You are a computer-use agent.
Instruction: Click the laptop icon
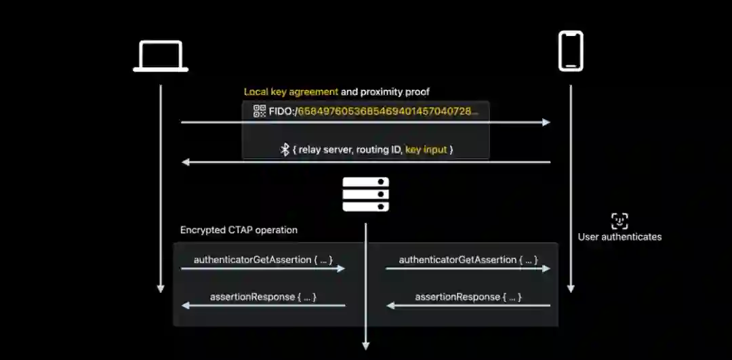pos(161,56)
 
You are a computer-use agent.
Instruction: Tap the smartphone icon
pos(570,51)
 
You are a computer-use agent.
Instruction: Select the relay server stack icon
pos(365,195)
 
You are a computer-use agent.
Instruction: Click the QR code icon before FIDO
pos(260,111)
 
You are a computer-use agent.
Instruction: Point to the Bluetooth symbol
pos(285,149)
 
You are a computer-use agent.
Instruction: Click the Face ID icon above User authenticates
pos(619,220)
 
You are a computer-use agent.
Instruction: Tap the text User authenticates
pos(619,237)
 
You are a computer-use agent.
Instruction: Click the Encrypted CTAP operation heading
pos(239,230)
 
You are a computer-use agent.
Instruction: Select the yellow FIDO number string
pos(388,111)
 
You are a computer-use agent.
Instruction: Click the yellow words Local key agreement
pos(291,92)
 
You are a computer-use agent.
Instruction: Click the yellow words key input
pos(426,149)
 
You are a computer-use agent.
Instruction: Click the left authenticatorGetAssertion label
pos(263,260)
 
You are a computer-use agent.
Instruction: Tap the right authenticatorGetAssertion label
pos(468,260)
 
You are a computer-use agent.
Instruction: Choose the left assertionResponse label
pos(264,297)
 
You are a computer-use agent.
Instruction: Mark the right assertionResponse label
pos(468,297)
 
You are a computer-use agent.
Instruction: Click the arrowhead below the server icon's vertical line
pos(366,346)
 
